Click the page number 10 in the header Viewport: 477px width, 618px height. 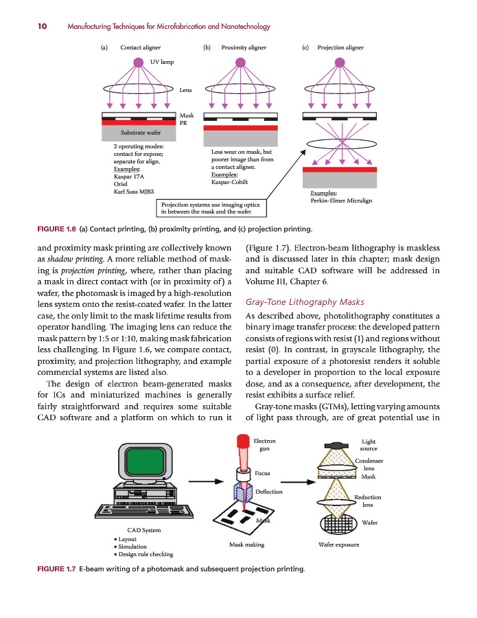42,27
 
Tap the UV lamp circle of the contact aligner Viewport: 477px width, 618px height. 139,62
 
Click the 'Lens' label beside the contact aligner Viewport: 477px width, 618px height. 185,90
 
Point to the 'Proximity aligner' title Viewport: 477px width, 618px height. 244,48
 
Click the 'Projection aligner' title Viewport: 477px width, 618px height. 340,48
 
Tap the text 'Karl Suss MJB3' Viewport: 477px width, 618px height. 133,192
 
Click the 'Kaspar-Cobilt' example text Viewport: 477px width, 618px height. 229,183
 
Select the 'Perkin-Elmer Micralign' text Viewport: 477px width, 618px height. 341,201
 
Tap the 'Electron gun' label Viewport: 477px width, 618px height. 264,444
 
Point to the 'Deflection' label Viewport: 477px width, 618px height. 269,491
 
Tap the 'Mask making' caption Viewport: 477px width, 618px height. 246,545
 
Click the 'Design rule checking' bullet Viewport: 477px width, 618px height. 146,553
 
